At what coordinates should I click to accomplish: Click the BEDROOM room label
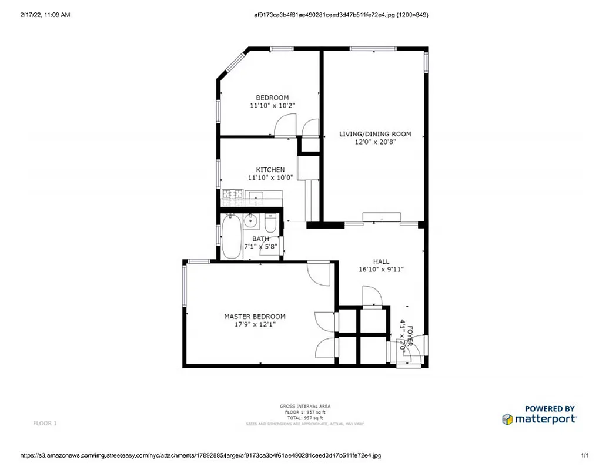[x=272, y=98]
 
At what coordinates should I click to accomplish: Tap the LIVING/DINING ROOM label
[x=375, y=134]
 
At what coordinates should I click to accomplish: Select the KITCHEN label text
[x=270, y=170]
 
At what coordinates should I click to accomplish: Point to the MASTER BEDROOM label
[x=255, y=317]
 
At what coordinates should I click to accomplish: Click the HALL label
[x=381, y=261]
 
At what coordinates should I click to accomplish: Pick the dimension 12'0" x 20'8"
[x=375, y=142]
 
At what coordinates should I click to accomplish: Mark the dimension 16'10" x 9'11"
[x=381, y=270]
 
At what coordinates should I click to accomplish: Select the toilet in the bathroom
[x=270, y=223]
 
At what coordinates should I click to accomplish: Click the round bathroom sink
[x=250, y=221]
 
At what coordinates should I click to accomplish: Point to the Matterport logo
[x=540, y=419]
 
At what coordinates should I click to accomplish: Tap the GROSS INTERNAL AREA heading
[x=304, y=406]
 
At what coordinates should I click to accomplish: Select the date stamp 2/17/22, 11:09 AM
[x=45, y=15]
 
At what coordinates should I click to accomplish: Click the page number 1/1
[x=584, y=455]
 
